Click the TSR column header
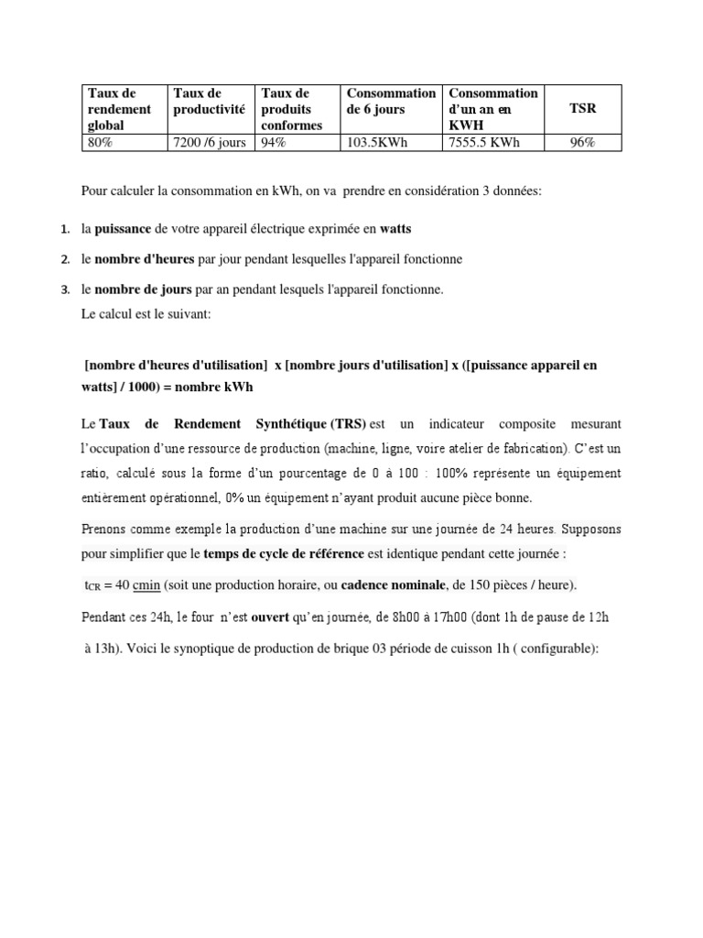point(582,108)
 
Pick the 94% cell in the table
point(274,142)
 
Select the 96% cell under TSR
point(582,142)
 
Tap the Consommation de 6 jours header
point(391,101)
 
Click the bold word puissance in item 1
point(125,229)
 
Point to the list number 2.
point(65,260)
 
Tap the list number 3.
point(65,290)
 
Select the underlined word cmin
point(146,585)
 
